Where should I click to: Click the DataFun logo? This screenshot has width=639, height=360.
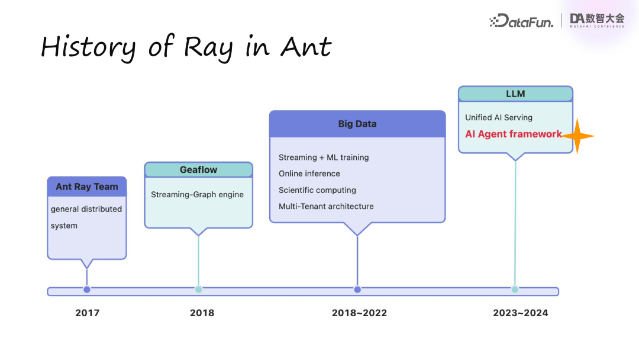(521, 21)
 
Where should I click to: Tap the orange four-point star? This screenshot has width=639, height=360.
(577, 136)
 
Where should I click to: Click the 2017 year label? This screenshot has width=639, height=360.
(87, 313)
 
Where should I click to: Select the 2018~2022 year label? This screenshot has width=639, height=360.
(359, 313)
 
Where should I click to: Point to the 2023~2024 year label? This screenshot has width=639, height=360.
(520, 313)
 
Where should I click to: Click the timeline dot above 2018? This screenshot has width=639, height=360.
(199, 290)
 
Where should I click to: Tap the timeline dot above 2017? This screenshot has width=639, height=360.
(87, 290)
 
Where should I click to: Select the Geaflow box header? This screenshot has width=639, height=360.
(198, 170)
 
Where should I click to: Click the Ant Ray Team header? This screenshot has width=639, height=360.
(87, 187)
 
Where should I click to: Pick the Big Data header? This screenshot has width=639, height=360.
(357, 124)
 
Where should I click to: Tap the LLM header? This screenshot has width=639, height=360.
(515, 94)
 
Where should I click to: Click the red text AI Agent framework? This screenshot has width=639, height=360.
(513, 134)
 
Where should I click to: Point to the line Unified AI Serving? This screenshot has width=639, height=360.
(499, 117)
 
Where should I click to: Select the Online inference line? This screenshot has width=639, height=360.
(309, 173)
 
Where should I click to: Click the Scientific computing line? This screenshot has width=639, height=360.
(317, 190)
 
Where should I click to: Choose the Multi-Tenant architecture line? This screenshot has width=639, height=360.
(326, 206)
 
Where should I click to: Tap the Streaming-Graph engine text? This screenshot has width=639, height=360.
(197, 194)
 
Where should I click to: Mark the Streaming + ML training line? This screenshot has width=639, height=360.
(324, 157)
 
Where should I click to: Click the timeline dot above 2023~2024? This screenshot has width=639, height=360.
(515, 290)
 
